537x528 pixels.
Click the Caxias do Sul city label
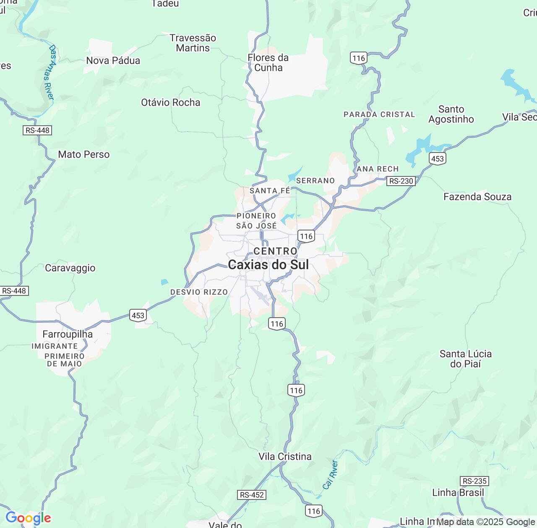tap(268, 265)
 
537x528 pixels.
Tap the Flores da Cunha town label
tap(268, 63)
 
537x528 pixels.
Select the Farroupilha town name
tap(68, 334)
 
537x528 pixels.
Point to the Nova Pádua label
tap(113, 61)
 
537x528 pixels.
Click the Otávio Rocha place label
tap(171, 103)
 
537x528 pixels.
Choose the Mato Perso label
tap(84, 155)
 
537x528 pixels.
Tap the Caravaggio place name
tap(70, 268)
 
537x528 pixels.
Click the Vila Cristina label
tap(285, 457)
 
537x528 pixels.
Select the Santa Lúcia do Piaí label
tap(465, 359)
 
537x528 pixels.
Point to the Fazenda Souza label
tap(477, 197)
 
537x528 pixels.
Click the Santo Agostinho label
tap(451, 114)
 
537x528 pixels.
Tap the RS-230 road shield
tap(401, 181)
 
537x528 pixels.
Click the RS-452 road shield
tap(252, 495)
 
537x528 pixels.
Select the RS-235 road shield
tap(474, 481)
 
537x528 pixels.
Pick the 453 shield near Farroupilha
tap(138, 316)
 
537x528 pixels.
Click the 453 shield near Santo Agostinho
tap(438, 158)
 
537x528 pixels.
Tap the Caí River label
tap(331, 475)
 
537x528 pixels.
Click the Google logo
tap(28, 518)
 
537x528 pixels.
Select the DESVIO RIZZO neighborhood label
tap(199, 292)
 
